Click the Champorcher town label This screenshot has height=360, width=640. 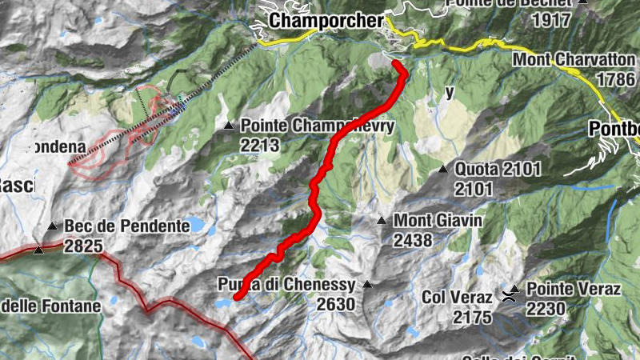326,20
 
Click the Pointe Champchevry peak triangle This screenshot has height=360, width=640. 230,126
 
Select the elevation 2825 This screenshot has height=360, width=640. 84,246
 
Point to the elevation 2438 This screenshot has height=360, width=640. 412,239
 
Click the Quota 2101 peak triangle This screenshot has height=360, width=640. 443,169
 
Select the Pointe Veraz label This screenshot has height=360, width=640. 574,290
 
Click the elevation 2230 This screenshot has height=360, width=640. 546,309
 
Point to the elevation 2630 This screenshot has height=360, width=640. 335,304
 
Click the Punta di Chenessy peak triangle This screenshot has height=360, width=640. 367,284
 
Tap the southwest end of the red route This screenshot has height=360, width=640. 238,297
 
